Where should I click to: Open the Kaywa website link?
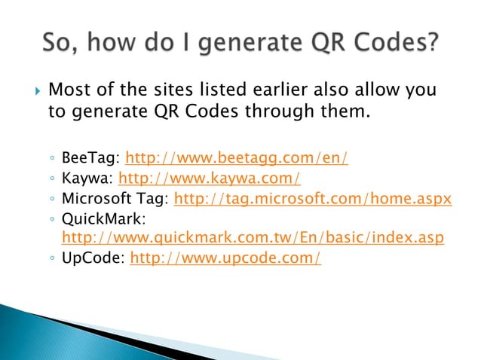tap(210, 179)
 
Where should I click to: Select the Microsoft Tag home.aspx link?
tap(312, 199)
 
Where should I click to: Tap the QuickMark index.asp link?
tap(252, 238)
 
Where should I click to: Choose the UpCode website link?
tap(225, 258)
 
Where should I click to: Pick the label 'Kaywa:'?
tap(87, 179)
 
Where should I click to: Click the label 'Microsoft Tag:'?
tap(116, 199)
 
